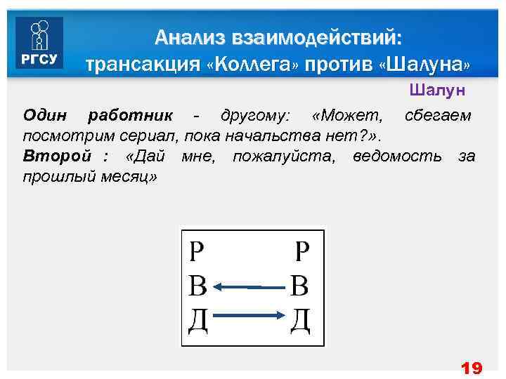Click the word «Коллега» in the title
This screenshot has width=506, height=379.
[x=254, y=65]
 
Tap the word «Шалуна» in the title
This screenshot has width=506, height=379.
[x=424, y=65]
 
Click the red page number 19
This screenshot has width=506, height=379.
[x=470, y=368]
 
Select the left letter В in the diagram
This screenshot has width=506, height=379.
[x=198, y=286]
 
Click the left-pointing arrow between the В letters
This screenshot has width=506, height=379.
[x=249, y=286]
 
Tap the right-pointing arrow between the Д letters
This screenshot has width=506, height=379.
[x=249, y=317]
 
